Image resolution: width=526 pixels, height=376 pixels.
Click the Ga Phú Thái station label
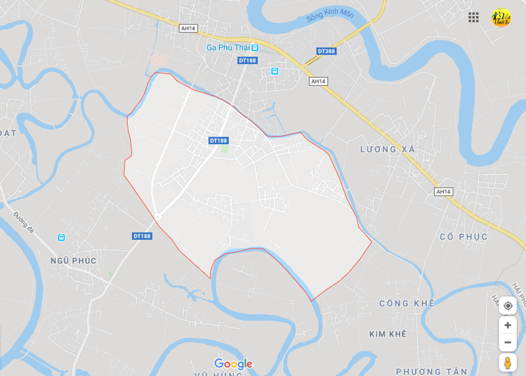[227, 47]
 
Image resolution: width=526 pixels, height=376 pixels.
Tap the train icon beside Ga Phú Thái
[256, 47]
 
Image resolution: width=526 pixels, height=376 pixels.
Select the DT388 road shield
[327, 51]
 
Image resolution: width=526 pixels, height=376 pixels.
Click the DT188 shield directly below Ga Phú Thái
[247, 60]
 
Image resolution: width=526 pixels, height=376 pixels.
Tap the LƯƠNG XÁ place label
[388, 149]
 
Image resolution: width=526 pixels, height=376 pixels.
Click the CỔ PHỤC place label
[463, 236]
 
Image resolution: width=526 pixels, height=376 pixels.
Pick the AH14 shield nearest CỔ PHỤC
[443, 192]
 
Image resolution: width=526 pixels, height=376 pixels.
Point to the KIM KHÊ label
[387, 334]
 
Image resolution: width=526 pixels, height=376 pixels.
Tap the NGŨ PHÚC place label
[73, 260]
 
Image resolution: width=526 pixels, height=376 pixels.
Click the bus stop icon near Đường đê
[61, 238]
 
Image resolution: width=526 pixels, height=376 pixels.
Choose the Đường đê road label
[23, 222]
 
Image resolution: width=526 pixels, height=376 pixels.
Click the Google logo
[233, 364]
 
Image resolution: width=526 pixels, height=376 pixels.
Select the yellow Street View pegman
[508, 362]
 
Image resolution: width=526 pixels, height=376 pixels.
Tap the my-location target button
[508, 305]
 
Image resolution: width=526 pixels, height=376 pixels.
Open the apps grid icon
[473, 18]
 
